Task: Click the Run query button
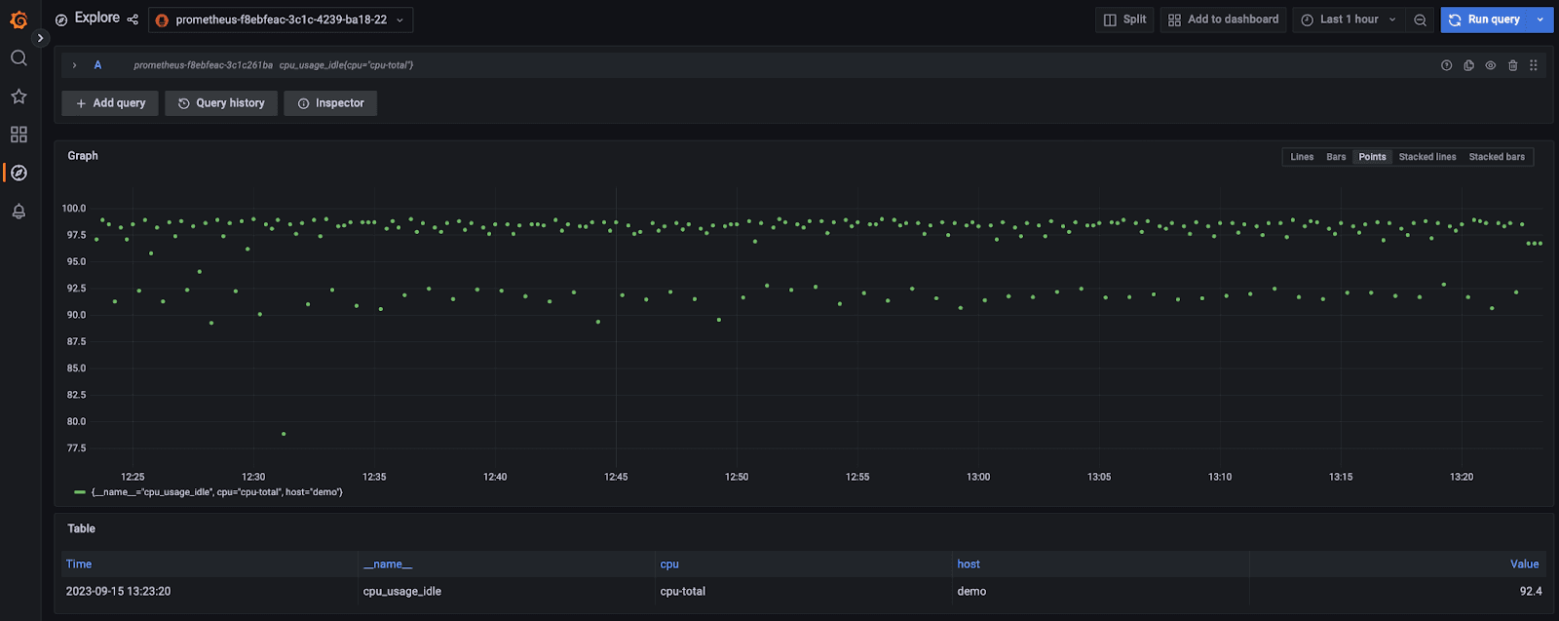[1485, 19]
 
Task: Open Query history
[221, 103]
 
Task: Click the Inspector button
[330, 103]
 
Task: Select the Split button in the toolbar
[1124, 19]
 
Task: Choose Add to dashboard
[1224, 19]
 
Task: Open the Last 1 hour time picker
[1349, 19]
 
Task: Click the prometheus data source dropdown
[281, 19]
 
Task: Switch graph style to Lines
[1302, 157]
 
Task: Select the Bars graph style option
[1336, 157]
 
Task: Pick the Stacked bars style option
[1497, 157]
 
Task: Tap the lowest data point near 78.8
[284, 434]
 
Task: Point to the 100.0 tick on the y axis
[75, 209]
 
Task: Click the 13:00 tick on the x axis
[978, 477]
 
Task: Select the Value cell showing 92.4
[1530, 592]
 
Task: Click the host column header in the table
[969, 564]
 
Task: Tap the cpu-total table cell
[682, 592]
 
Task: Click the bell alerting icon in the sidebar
[19, 212]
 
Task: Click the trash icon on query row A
[1512, 65]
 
